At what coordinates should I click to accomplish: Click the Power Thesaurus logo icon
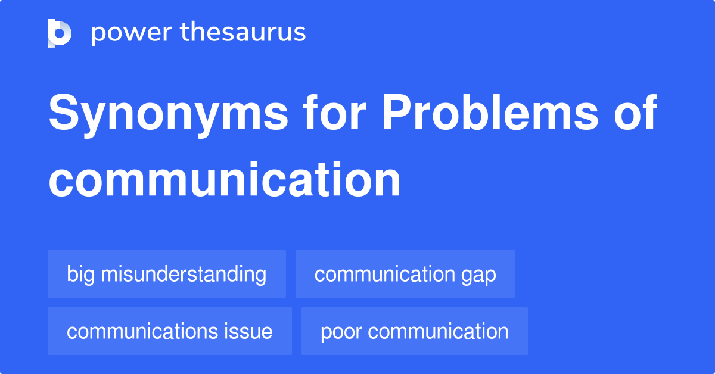60,33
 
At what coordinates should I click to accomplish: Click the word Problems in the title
489,113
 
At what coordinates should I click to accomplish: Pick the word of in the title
635,113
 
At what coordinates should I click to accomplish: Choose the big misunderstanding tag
167,274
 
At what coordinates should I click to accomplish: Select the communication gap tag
405,274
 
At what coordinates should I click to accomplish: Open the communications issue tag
170,331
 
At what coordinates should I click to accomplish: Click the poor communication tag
415,331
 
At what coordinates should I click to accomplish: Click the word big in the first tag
80,275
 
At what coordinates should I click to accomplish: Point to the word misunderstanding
183,275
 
